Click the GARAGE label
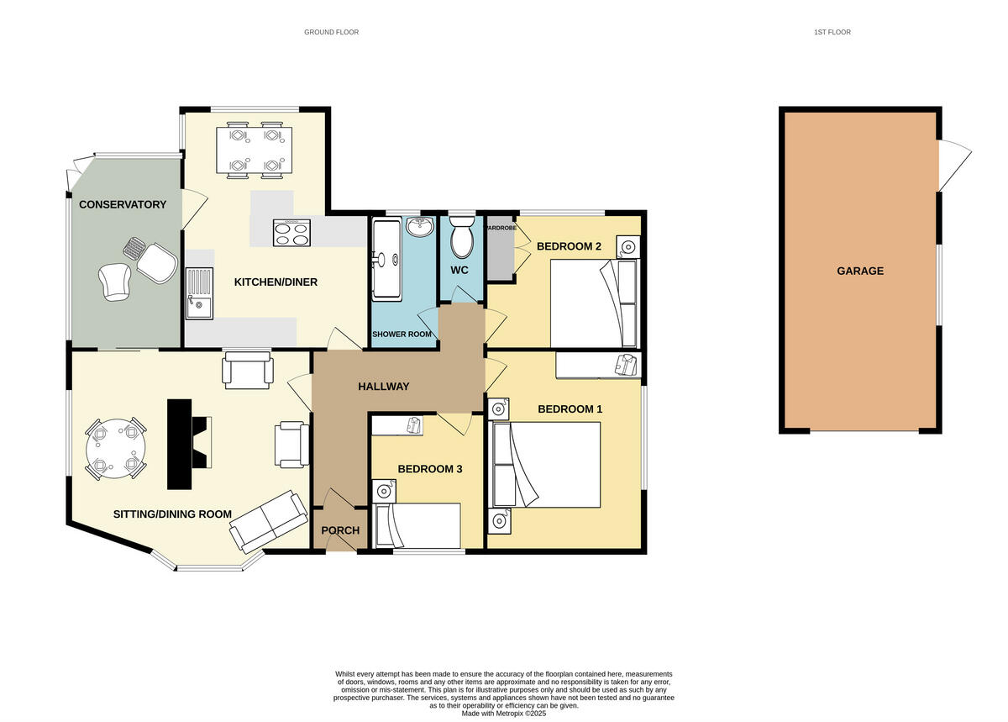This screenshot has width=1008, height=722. click(859, 271)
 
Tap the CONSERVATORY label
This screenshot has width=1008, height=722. click(123, 204)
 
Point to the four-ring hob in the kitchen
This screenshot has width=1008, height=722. click(291, 233)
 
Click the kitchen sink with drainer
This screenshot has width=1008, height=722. click(198, 292)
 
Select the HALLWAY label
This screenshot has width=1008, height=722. click(383, 387)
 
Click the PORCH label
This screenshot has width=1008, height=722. click(340, 530)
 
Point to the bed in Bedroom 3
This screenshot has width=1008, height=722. click(418, 525)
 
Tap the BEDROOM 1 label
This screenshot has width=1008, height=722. click(570, 409)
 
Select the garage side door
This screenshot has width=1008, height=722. click(953, 165)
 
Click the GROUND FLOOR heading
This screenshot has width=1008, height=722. click(331, 32)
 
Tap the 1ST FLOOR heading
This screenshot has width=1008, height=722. click(832, 32)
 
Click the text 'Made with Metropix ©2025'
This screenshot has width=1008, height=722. click(504, 714)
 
